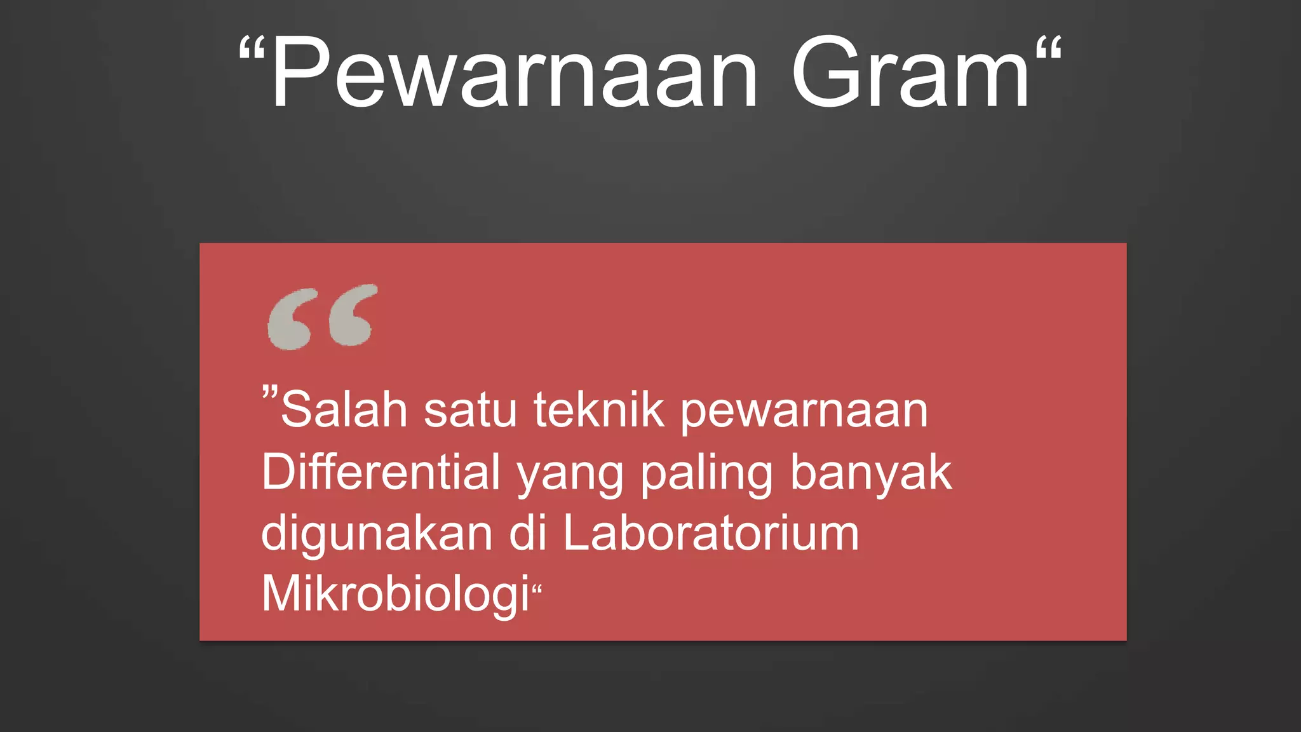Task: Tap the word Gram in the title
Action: tap(910, 73)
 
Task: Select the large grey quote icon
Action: tap(322, 317)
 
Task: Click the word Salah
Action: tap(344, 410)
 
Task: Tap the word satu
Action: tap(470, 410)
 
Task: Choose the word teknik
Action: tap(599, 410)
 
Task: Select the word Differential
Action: tap(381, 472)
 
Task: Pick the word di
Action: tap(528, 532)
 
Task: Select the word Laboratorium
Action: tap(711, 532)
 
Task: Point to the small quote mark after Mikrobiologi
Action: tap(537, 589)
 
